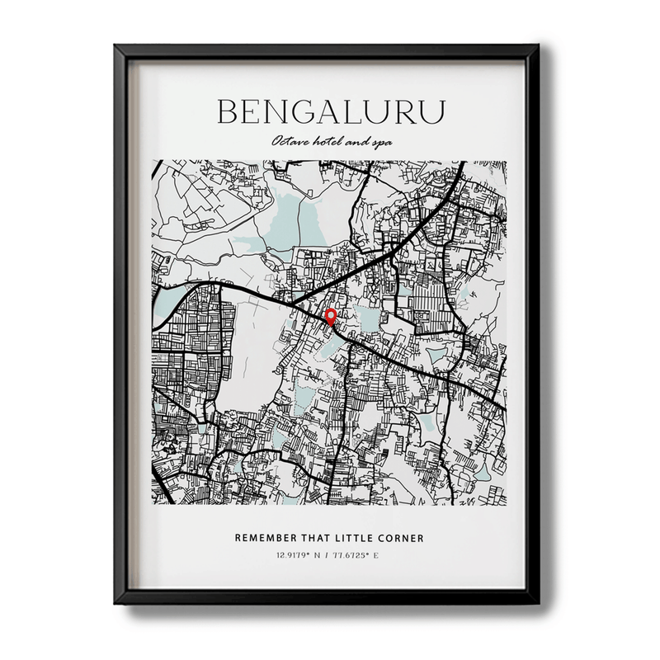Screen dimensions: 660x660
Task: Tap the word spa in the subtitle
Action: coord(381,143)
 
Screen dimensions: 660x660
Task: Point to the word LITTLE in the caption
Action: coord(365,538)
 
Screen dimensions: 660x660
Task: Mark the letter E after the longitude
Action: coord(375,554)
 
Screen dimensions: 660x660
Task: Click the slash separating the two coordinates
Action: coord(326,554)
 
